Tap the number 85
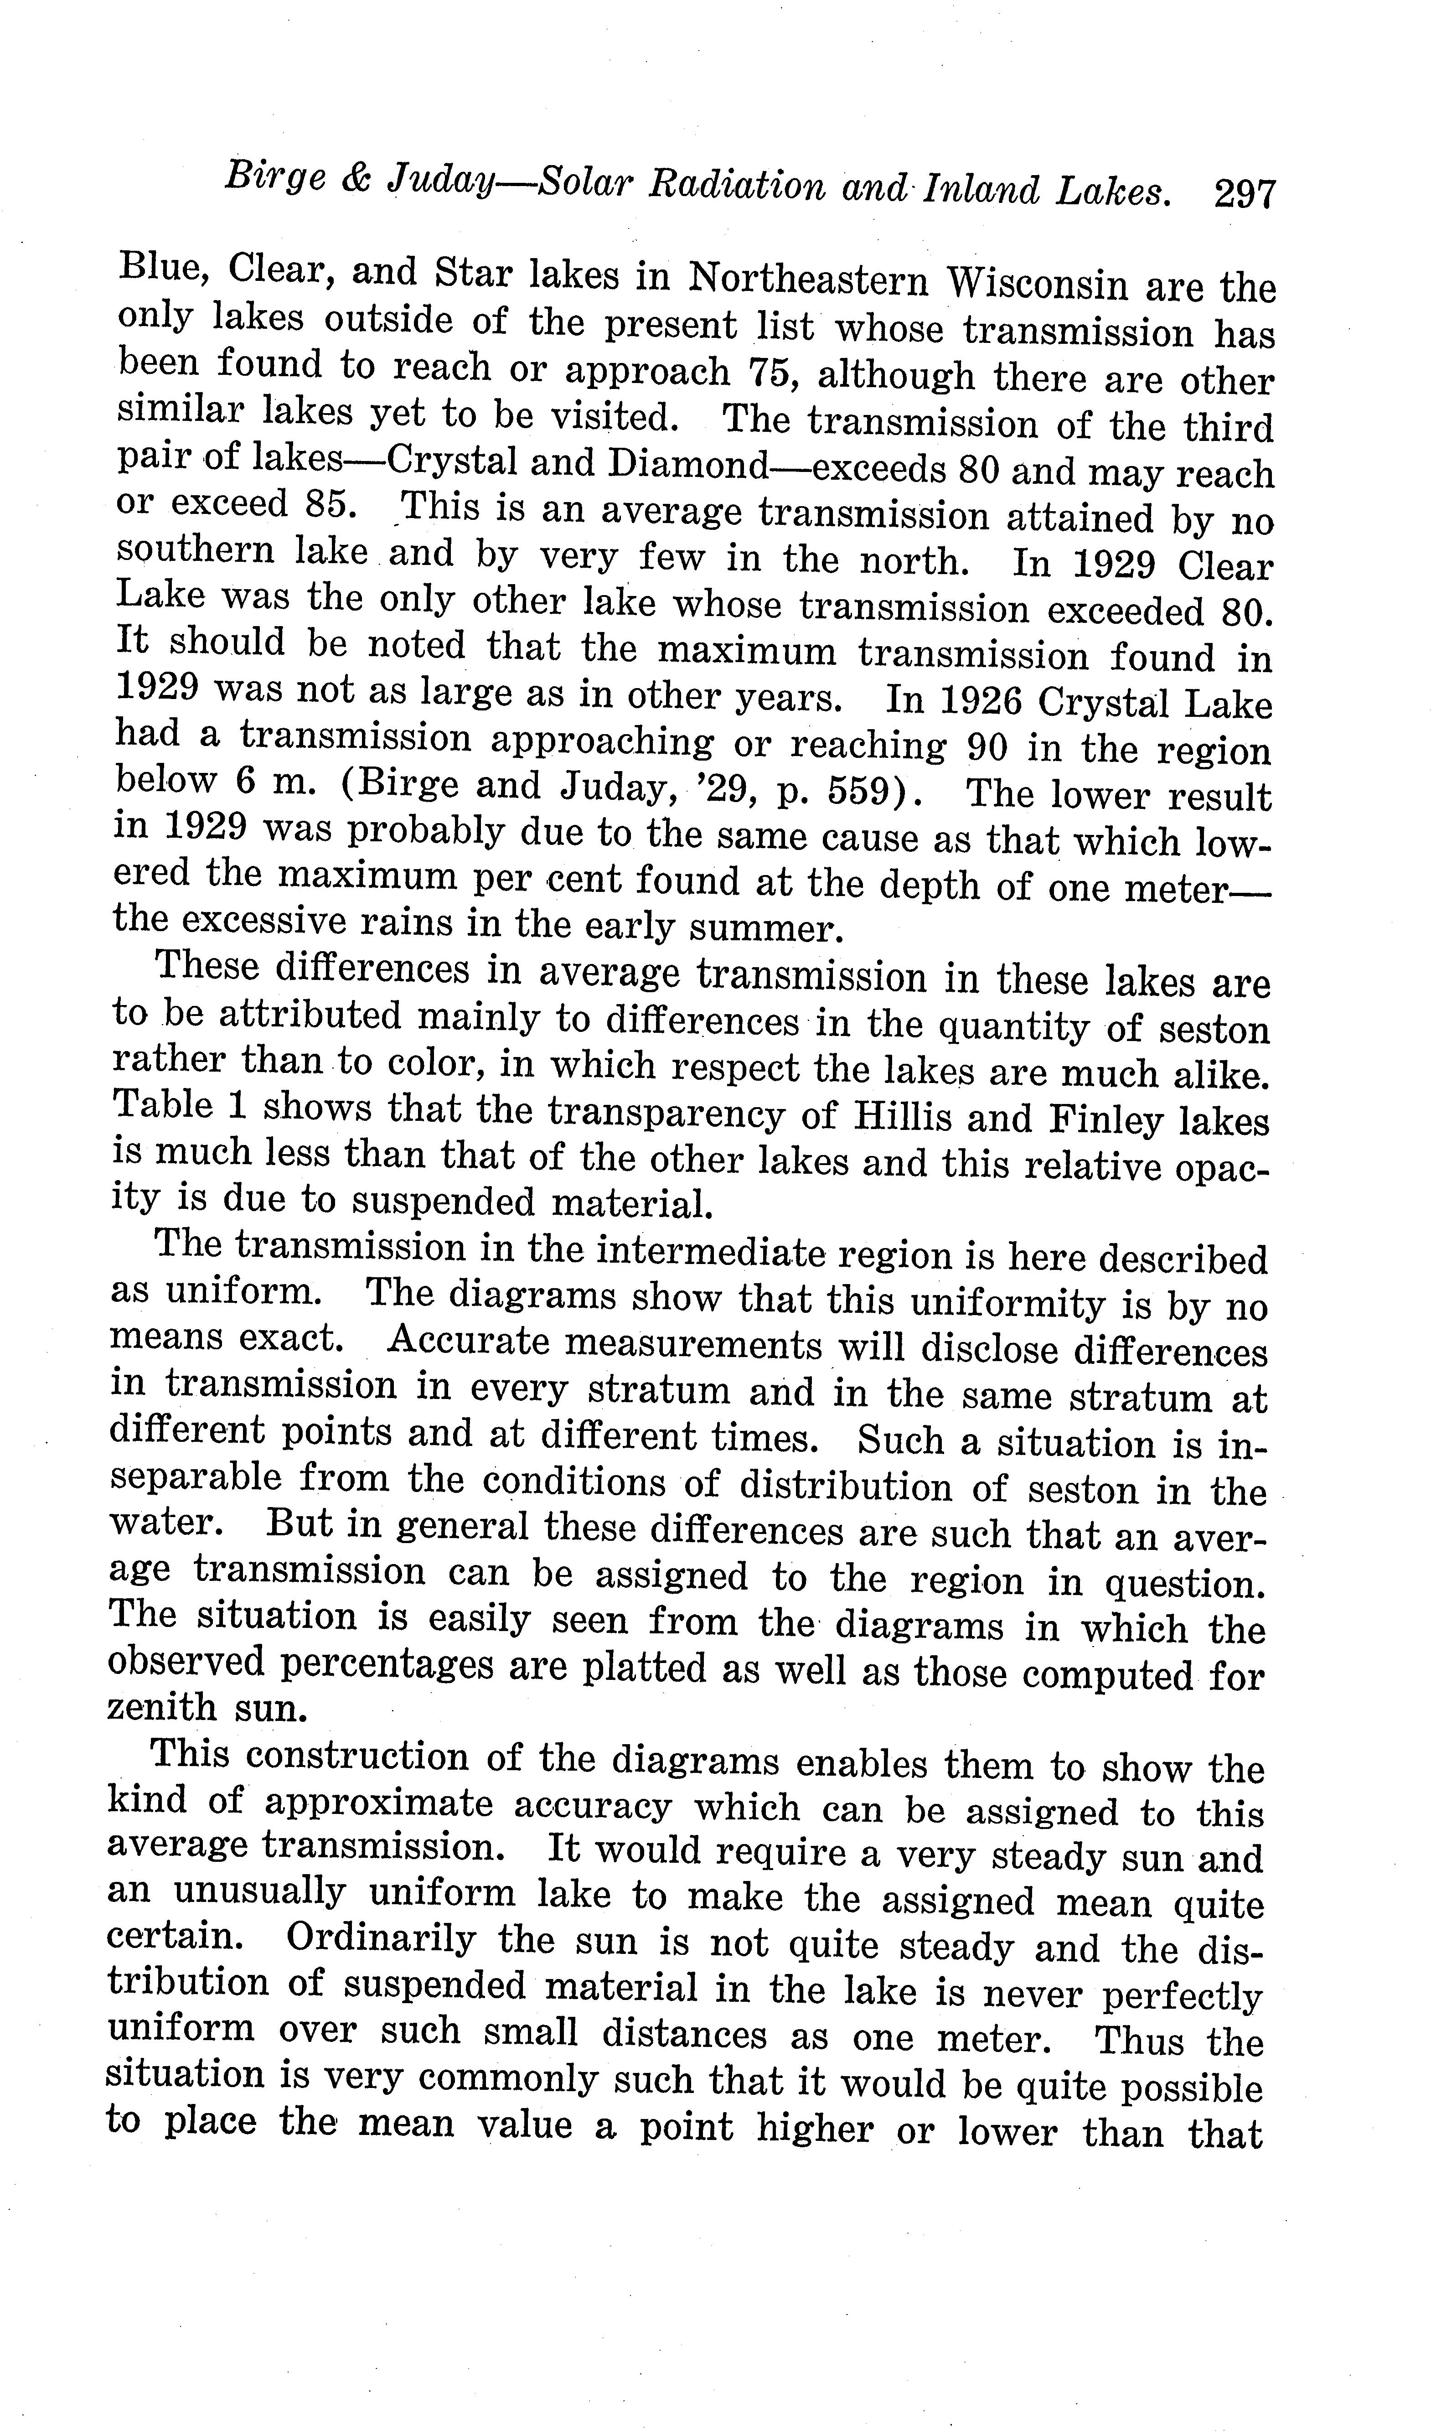[318, 503]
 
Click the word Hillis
[900, 1117]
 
